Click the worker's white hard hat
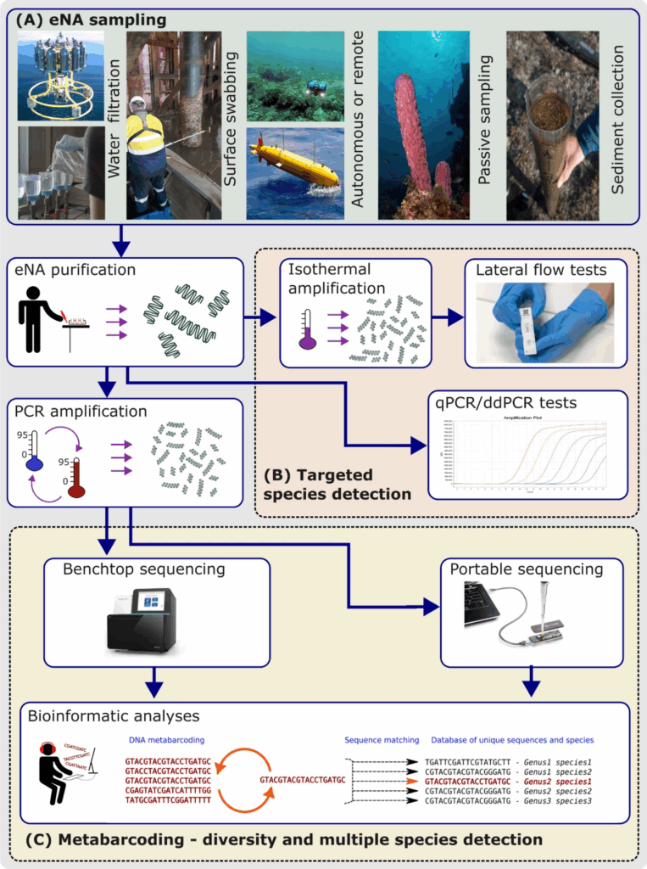137,105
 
